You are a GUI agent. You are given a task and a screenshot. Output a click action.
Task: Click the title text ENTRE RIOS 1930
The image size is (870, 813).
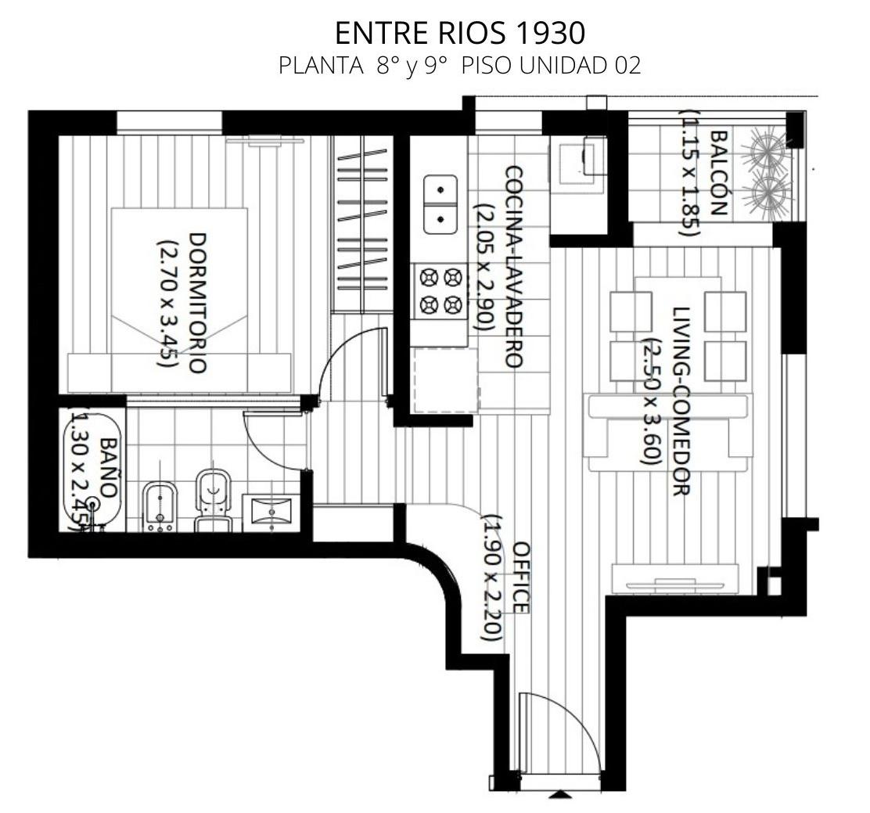point(460,34)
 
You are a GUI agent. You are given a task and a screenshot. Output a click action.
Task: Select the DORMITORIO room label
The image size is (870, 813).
point(197,303)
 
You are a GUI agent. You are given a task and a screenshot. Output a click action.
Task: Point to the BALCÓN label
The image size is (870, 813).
point(718,173)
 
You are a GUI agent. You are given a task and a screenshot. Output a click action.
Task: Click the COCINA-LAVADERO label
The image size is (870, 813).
point(513,267)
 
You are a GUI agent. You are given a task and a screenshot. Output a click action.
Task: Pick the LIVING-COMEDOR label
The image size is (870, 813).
point(681,401)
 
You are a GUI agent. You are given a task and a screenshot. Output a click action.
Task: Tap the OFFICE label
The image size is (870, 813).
point(521,577)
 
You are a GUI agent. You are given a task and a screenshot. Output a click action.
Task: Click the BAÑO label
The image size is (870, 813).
point(110,467)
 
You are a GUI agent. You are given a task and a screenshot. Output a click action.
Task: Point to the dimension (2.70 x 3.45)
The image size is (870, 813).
point(167,303)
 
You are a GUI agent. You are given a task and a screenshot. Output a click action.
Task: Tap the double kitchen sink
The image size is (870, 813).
point(440,204)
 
